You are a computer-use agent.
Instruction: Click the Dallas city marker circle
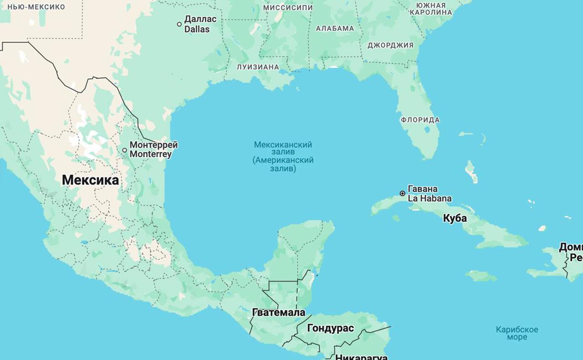179,24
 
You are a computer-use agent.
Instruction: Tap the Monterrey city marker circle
125,150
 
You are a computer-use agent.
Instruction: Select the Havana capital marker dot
403,193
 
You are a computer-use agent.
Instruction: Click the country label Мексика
90,180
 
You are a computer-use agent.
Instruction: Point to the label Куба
455,218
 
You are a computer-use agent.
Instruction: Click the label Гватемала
278,313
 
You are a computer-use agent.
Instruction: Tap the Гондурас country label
330,328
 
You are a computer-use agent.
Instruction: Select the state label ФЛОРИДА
420,120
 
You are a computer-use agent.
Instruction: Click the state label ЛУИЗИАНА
257,67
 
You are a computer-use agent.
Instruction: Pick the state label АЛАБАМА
335,28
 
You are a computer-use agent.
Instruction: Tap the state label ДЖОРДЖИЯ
390,45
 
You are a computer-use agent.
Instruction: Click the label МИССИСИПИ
288,8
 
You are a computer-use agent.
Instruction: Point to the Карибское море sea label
517,333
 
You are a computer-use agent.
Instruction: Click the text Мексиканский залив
283,148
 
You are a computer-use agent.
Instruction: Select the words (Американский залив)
283,164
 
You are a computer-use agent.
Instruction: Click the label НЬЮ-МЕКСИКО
36,7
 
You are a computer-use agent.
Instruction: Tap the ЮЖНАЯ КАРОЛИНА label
430,9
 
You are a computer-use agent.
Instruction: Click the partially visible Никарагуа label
361,357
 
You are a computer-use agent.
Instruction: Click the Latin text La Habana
430,198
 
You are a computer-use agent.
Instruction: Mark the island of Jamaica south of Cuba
481,276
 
